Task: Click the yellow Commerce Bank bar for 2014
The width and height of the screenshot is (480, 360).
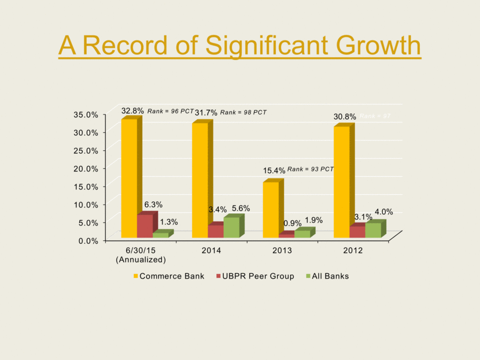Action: pyautogui.click(x=200, y=180)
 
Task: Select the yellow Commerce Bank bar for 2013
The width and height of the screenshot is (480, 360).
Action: pyautogui.click(x=271, y=209)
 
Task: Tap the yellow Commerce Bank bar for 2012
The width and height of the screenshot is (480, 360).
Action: pyautogui.click(x=341, y=182)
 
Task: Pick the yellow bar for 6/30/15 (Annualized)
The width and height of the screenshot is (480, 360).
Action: pyautogui.click(x=128, y=178)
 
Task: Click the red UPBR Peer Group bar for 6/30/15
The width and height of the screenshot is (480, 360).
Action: pyautogui.click(x=144, y=226)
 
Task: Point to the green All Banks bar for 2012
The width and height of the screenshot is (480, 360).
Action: pyautogui.click(x=373, y=230)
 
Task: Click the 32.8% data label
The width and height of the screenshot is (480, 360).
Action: pyautogui.click(x=132, y=110)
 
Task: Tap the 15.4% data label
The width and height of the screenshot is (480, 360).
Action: pyautogui.click(x=274, y=170)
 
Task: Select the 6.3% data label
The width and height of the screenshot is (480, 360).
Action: pyautogui.click(x=153, y=205)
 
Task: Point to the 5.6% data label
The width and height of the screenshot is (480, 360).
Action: pyautogui.click(x=241, y=208)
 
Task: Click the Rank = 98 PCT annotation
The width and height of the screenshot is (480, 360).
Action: pyautogui.click(x=243, y=112)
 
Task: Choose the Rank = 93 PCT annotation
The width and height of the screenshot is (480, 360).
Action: pyautogui.click(x=311, y=169)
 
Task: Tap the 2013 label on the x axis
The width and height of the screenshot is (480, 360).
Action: pyautogui.click(x=282, y=251)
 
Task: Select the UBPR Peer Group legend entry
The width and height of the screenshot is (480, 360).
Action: pyautogui.click(x=255, y=276)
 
